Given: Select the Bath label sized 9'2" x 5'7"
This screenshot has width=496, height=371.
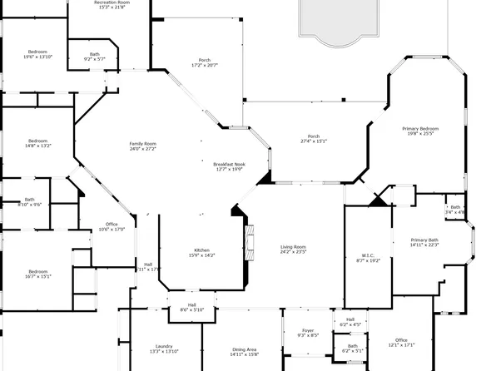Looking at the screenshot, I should (94, 57).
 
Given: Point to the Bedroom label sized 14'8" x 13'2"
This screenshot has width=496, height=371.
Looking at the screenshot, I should (37, 143).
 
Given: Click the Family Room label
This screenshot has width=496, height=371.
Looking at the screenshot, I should (142, 146).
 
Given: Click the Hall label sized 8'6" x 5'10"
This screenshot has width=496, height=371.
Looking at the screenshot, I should (191, 307).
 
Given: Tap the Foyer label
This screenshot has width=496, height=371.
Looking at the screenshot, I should (308, 333).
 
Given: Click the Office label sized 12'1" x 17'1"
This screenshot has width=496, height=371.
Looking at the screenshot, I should (401, 342).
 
